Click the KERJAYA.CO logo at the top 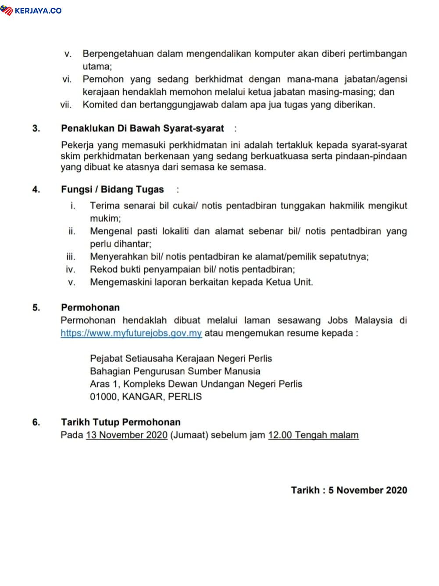[x=31, y=11]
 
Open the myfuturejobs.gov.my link [x=131, y=333]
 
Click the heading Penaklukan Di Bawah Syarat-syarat [x=143, y=129]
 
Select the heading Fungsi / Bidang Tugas [x=112, y=190]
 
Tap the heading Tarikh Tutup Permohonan [x=121, y=422]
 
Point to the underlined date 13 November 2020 [x=127, y=435]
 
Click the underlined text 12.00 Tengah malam [x=313, y=435]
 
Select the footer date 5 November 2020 [x=368, y=490]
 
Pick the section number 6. [x=36, y=422]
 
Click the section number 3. [x=36, y=129]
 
